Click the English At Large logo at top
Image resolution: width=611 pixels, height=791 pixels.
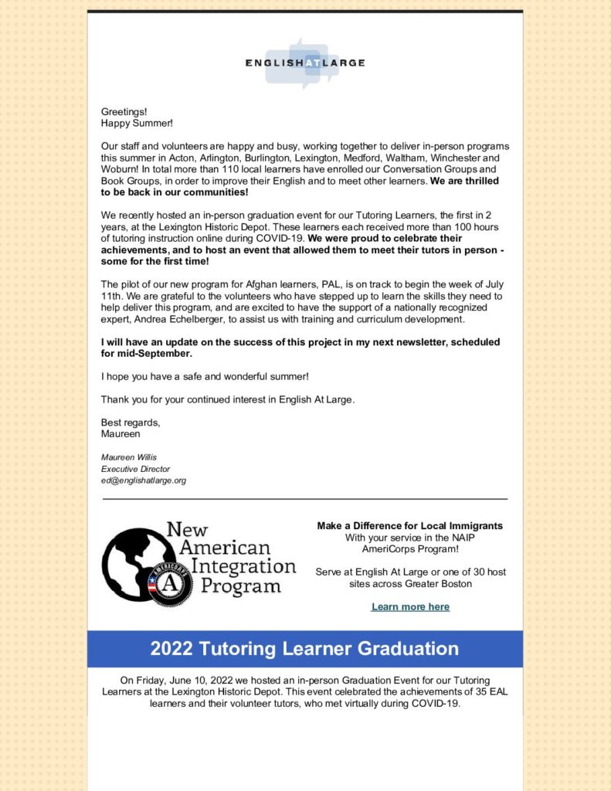point(304,63)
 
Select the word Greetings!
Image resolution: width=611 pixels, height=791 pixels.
point(124,112)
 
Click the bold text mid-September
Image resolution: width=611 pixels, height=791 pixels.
point(146,353)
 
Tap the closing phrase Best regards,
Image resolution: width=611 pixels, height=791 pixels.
point(131,423)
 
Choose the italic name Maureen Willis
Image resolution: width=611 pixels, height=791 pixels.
point(128,457)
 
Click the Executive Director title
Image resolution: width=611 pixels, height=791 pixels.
point(135,469)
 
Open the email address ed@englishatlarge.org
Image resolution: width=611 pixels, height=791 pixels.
point(144,480)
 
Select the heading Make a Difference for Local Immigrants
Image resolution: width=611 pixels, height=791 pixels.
point(409,526)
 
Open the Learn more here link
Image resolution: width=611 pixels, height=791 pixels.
point(410,607)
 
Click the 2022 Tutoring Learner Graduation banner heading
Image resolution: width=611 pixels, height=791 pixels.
point(304,649)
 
